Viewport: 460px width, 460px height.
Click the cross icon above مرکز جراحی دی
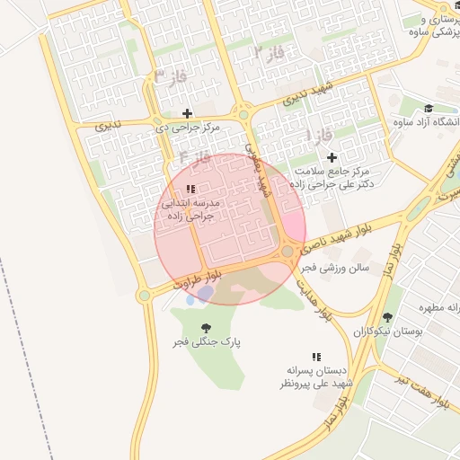pyautogui.click(x=187, y=113)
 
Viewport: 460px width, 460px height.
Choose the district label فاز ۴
pyautogui.click(x=194, y=157)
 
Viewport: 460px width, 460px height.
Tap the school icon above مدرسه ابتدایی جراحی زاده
pyautogui.click(x=190, y=190)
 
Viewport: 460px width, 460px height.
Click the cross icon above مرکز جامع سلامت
pyautogui.click(x=332, y=157)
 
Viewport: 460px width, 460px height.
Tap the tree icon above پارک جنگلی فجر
pyautogui.click(x=207, y=328)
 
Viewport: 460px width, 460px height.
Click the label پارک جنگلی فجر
pyautogui.click(x=208, y=342)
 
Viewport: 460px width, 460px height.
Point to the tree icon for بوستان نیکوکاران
pyautogui.click(x=387, y=317)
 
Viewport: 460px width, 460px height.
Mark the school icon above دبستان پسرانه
pyautogui.click(x=315, y=357)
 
